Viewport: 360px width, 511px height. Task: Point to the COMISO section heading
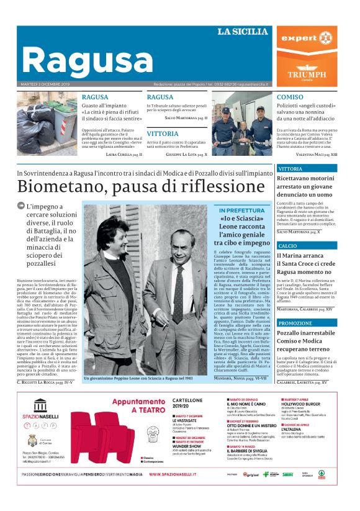tap(290, 97)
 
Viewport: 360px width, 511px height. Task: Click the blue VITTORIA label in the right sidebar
tap(290, 168)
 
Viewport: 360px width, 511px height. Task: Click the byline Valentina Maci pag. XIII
tap(314, 154)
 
